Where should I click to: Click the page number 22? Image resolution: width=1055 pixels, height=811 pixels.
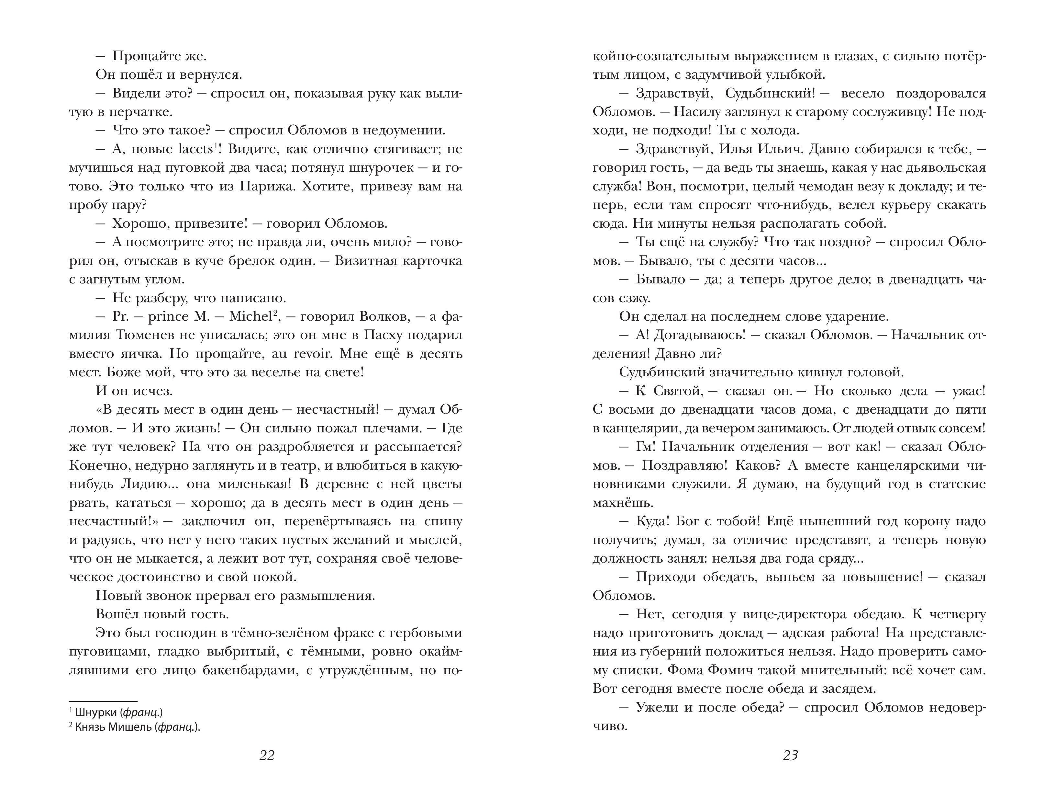[267, 755]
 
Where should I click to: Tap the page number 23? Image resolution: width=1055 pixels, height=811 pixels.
[790, 755]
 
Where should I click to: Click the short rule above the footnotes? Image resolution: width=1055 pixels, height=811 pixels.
[103, 701]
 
